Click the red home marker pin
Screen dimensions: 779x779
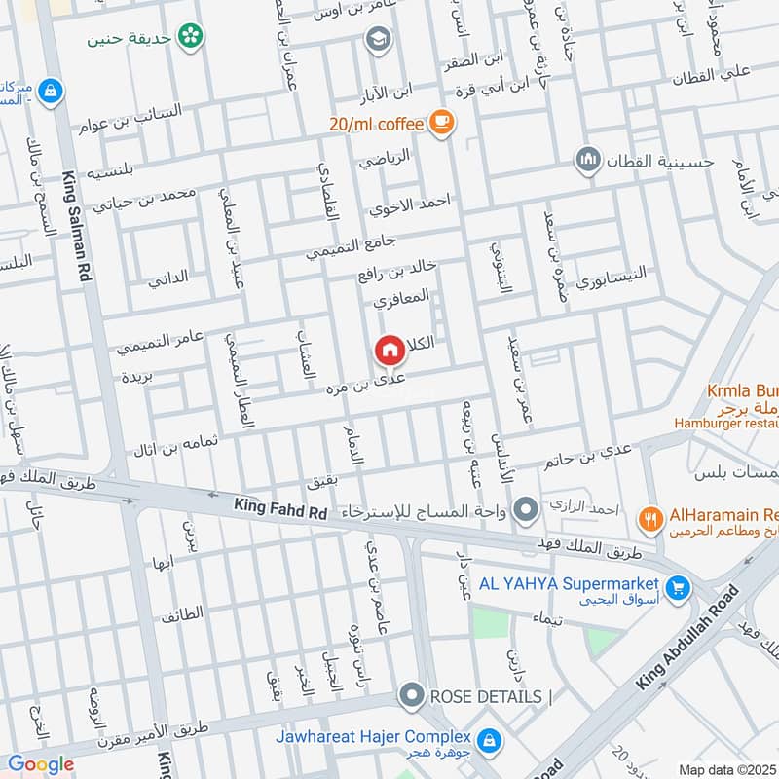pyautogui.click(x=389, y=349)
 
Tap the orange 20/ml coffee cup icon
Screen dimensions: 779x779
pyautogui.click(x=442, y=122)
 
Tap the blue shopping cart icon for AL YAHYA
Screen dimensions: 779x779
pyautogui.click(x=679, y=587)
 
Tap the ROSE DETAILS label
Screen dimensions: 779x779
pyautogui.click(x=484, y=696)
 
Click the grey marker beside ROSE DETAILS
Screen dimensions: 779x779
pyautogui.click(x=412, y=696)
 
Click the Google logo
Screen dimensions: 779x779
pyautogui.click(x=41, y=764)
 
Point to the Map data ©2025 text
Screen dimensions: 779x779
pyautogui.click(x=727, y=769)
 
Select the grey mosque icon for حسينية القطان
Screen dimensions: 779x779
pyautogui.click(x=587, y=159)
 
